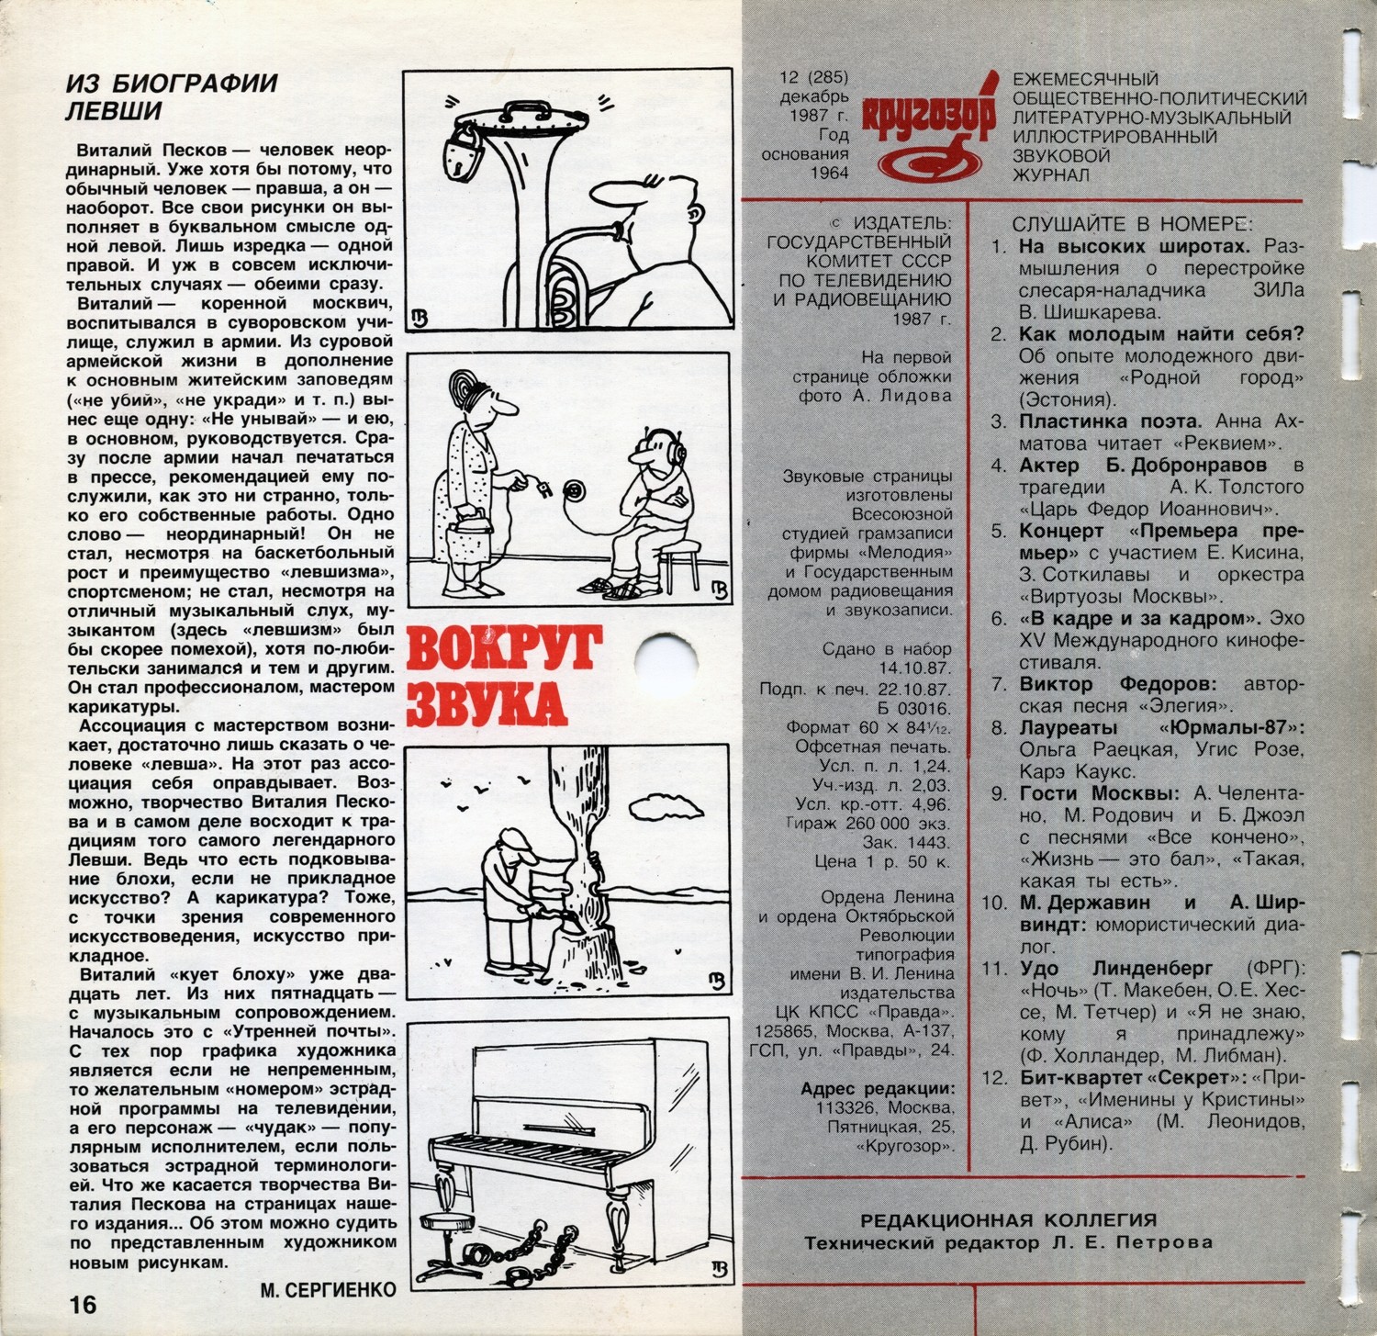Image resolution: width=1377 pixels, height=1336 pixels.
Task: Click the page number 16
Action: coord(81,1303)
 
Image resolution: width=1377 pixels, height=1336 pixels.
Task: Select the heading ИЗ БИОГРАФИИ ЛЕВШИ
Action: coord(171,96)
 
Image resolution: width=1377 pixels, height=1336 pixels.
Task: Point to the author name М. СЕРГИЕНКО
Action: coord(328,1290)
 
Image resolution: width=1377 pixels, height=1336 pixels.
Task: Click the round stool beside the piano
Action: coord(447,1222)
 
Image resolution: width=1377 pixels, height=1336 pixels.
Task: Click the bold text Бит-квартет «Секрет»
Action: coord(1123,1077)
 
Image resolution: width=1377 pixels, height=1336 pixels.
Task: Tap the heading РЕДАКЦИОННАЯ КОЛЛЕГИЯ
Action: coord(1008,1220)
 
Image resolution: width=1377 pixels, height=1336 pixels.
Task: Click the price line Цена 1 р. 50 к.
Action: coord(883,861)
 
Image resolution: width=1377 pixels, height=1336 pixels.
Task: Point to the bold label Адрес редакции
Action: coord(877,1088)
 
